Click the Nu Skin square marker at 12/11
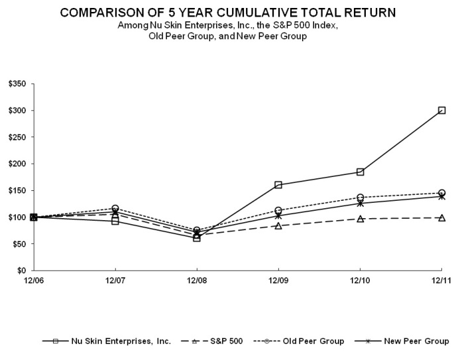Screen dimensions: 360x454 (441, 110)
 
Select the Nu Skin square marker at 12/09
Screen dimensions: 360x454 (278, 185)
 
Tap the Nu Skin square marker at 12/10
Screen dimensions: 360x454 (360, 172)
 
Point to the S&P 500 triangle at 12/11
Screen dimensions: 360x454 (441, 217)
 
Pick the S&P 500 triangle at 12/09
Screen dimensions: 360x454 (278, 225)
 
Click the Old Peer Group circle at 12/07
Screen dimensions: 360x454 (115, 209)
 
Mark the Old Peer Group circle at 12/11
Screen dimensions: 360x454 (441, 193)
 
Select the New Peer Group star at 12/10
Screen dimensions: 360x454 (360, 203)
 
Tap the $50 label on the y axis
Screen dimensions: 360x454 (17, 244)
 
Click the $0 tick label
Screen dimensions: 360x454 (20, 270)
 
